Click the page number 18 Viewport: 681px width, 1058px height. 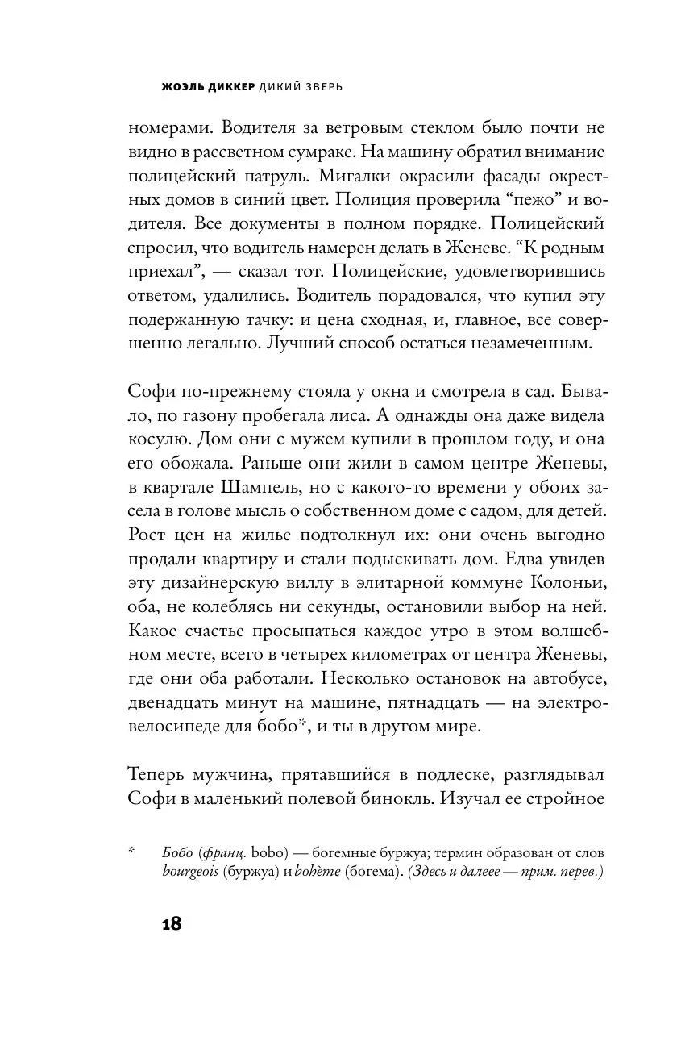(x=171, y=924)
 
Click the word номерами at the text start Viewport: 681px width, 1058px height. (x=165, y=129)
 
